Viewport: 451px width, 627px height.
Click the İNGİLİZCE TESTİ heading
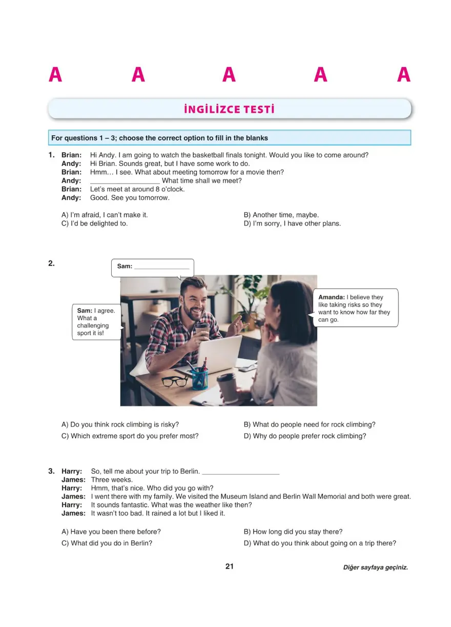[x=229, y=109]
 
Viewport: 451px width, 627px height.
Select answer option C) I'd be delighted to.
[x=94, y=224]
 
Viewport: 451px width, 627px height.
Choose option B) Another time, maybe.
[x=281, y=215]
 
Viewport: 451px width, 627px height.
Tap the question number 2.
[x=51, y=264]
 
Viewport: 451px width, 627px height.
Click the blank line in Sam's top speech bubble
[x=161, y=267]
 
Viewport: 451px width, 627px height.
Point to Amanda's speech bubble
[x=355, y=308]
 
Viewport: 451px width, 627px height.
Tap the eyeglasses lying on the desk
[x=175, y=381]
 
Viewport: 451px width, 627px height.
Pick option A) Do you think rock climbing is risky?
[x=120, y=424]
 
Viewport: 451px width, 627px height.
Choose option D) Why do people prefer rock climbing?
[x=304, y=436]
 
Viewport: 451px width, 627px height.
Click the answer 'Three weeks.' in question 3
[x=112, y=480]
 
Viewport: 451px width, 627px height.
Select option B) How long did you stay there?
[x=293, y=532]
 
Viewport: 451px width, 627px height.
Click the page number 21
[x=229, y=567]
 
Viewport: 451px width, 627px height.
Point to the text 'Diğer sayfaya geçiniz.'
[x=375, y=568]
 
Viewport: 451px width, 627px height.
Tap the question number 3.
[x=51, y=471]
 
